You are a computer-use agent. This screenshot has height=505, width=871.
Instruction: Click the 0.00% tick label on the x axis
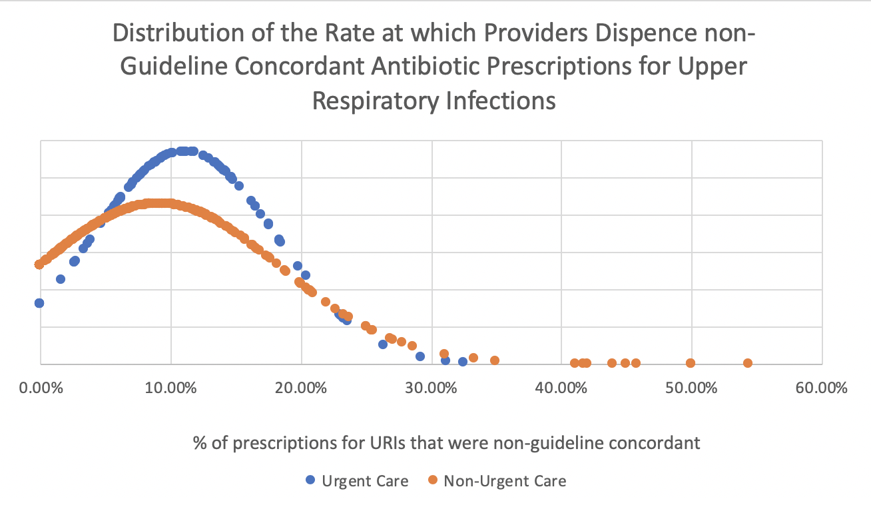point(41,388)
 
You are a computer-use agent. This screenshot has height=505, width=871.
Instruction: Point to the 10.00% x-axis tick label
point(170,388)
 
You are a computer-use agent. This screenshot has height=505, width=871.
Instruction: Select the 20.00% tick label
point(301,388)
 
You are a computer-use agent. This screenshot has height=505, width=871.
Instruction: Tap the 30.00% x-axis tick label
point(432,388)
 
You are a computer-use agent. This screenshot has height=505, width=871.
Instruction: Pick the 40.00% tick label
point(561,388)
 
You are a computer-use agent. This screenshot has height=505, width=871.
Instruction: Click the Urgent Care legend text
point(365,480)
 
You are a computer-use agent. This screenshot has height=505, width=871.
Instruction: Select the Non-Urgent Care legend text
point(505,480)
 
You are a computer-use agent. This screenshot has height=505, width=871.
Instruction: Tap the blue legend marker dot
point(310,480)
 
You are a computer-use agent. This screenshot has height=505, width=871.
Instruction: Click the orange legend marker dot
point(432,480)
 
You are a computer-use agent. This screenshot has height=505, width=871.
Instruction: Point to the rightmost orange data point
point(747,363)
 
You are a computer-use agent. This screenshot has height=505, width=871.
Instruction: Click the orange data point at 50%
point(691,363)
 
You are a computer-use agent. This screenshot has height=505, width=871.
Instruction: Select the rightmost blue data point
point(463,362)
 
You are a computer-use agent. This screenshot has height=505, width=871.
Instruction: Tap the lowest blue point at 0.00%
point(39,303)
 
